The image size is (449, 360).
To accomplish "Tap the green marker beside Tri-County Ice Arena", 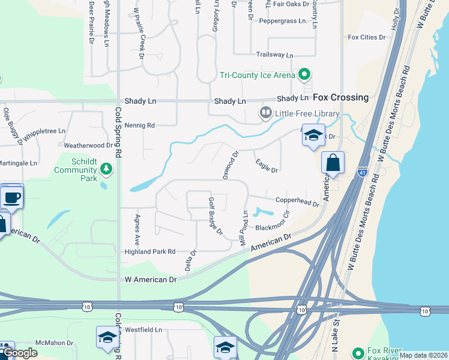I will (304, 75).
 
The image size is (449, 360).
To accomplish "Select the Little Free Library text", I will (307, 113).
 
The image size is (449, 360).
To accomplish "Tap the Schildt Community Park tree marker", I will (106, 170).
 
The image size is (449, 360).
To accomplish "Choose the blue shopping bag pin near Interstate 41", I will (333, 163).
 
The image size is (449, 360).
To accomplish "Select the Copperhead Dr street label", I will (297, 202).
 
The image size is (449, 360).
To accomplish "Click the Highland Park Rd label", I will (149, 252).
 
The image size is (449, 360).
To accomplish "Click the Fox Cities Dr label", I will (367, 37).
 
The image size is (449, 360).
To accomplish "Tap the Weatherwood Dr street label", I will (88, 145).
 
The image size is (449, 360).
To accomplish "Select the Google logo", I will (19, 353).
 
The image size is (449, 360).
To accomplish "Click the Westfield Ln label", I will (143, 330).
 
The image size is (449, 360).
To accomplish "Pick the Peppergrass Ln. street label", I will (283, 21).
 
